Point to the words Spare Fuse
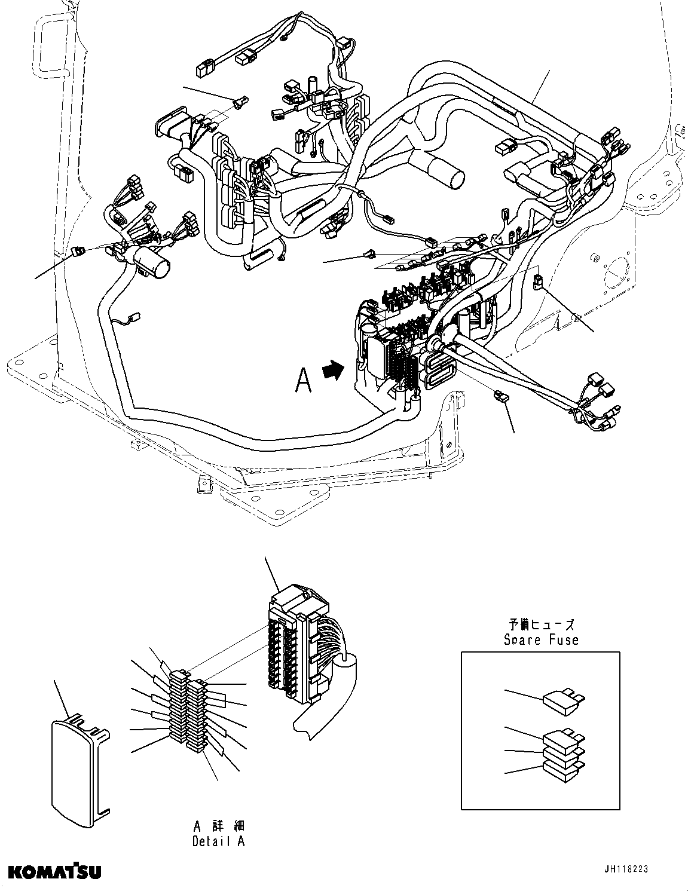click(x=540, y=640)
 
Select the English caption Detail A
click(x=218, y=841)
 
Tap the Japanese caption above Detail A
click(x=218, y=826)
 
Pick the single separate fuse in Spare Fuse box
click(x=562, y=700)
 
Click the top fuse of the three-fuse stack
click(x=562, y=739)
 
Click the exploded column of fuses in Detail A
click(x=188, y=711)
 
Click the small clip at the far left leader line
click(x=77, y=250)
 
